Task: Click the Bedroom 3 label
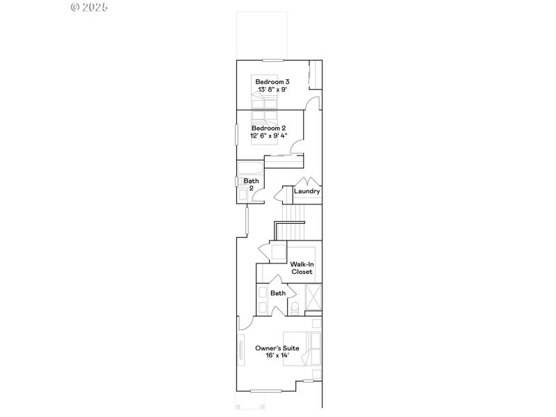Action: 268,82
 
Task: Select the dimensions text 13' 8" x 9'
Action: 268,90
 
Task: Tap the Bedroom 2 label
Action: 268,128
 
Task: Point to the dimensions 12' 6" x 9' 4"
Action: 268,136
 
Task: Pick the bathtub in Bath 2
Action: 250,168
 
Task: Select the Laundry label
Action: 306,191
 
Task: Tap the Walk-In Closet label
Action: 302,268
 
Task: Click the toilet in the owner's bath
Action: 295,306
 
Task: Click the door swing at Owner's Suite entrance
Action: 244,324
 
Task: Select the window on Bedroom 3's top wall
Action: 273,60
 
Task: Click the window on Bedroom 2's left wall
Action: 236,134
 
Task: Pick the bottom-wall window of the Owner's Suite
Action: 266,390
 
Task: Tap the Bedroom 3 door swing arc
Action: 313,104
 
